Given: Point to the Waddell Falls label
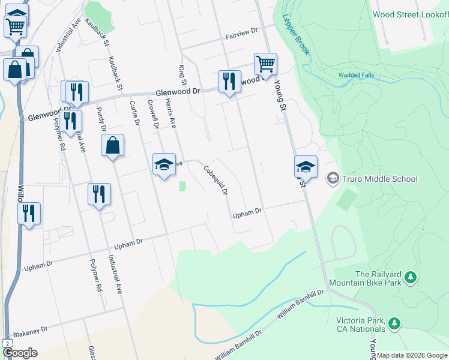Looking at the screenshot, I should (x=357, y=75).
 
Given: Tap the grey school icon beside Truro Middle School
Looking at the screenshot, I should (x=333, y=178).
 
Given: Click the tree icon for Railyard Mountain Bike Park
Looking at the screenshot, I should (x=411, y=277).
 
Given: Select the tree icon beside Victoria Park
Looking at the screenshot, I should (x=394, y=323).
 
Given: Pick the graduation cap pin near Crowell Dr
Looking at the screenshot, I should (x=164, y=164).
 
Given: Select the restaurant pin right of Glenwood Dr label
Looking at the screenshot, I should (x=228, y=82).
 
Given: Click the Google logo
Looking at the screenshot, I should (x=19, y=353).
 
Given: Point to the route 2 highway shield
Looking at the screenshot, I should (x=5, y=342).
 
